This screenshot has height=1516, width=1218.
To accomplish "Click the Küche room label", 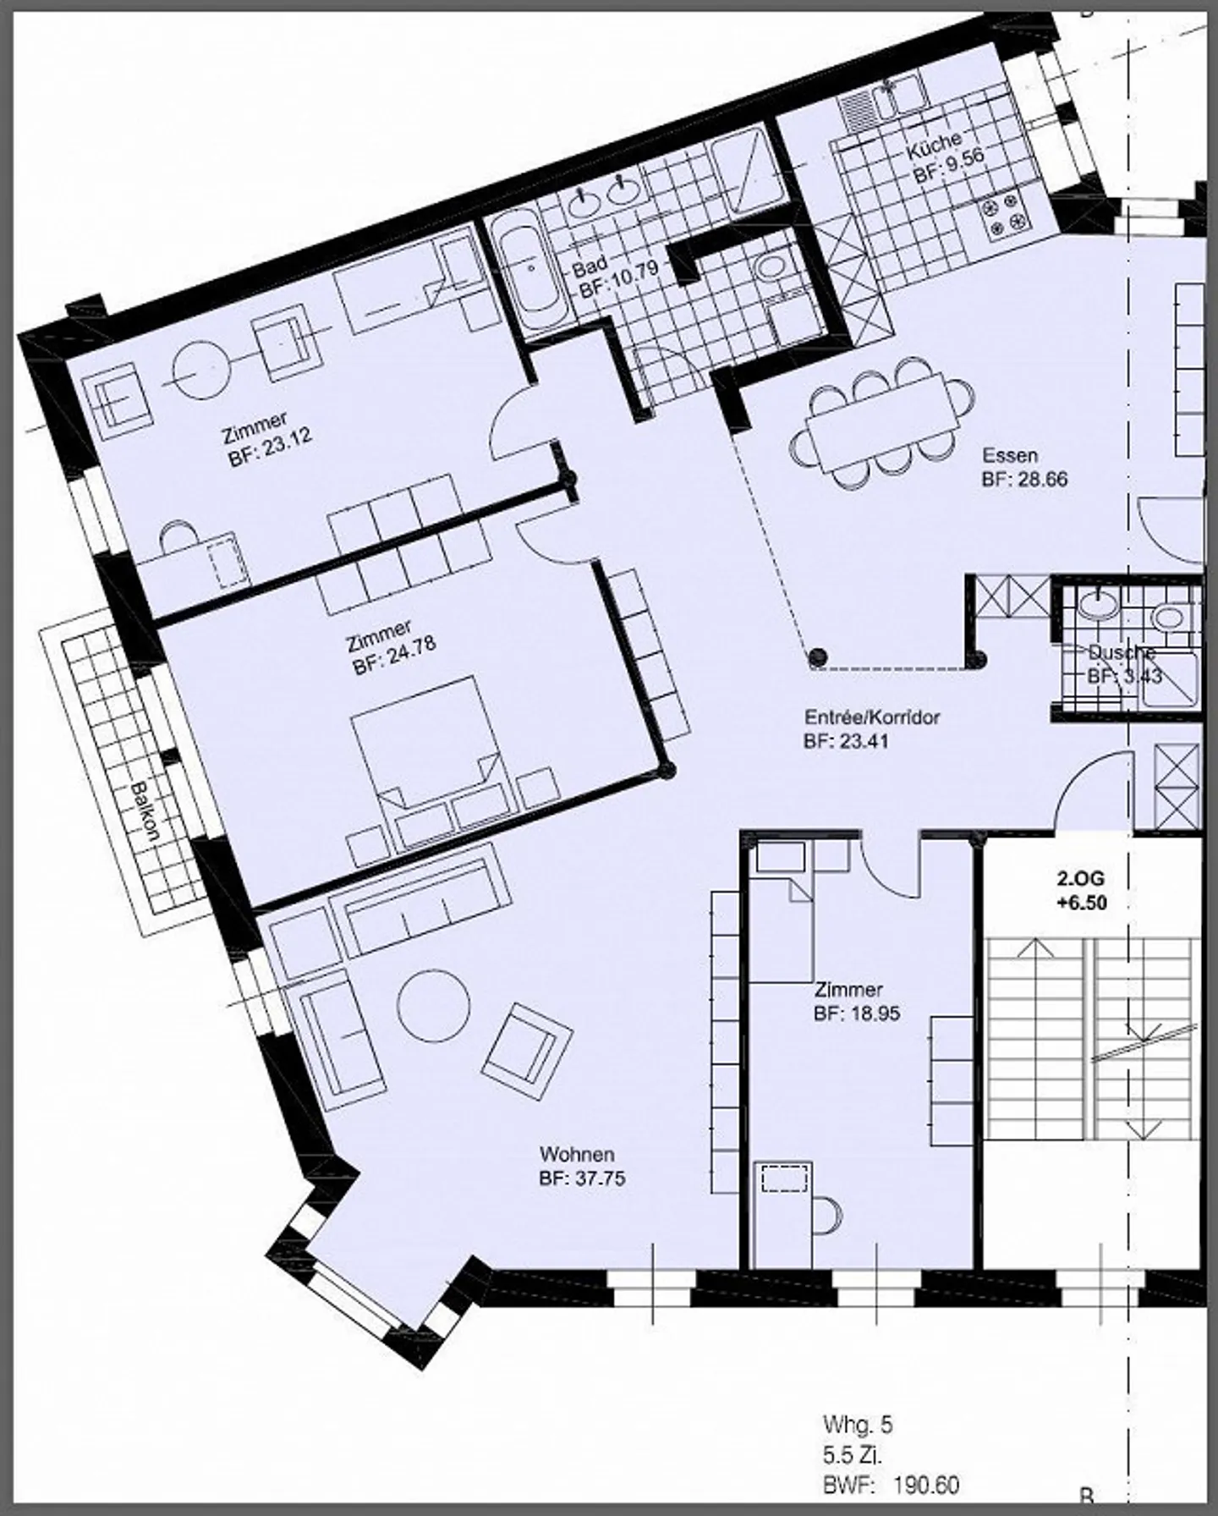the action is coord(934,146).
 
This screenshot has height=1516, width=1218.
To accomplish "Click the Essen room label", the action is coord(1009,456).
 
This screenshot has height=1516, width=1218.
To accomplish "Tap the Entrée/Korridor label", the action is coord(872,717).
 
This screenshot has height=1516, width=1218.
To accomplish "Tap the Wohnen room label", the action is coord(577,1154).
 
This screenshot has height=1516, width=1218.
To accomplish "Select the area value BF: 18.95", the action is coord(857,1013).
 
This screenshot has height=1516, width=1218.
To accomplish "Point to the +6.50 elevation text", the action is coord(1081,903).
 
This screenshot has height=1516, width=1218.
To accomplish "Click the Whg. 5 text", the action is coord(858,1425).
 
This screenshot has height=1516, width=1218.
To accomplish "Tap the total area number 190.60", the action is coord(926,1485).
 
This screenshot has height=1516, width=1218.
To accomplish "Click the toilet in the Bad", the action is coord(771,269).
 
